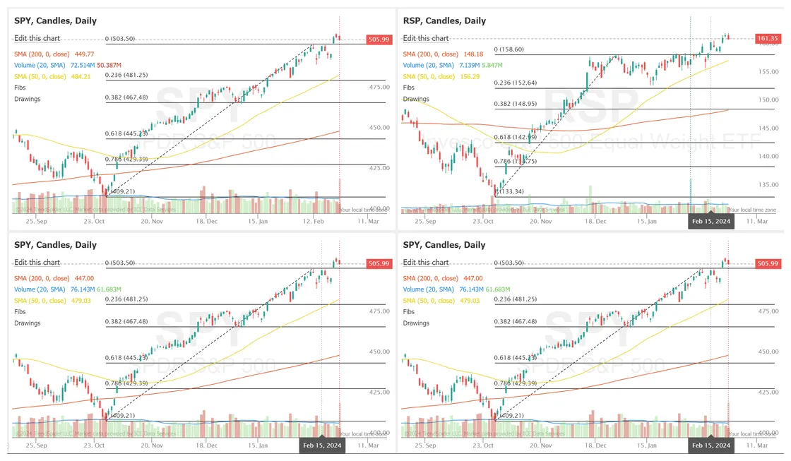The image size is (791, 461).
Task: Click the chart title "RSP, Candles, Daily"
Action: [444, 21]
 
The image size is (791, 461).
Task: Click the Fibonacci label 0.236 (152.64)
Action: [516, 83]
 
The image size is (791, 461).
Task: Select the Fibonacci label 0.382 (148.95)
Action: [516, 104]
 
